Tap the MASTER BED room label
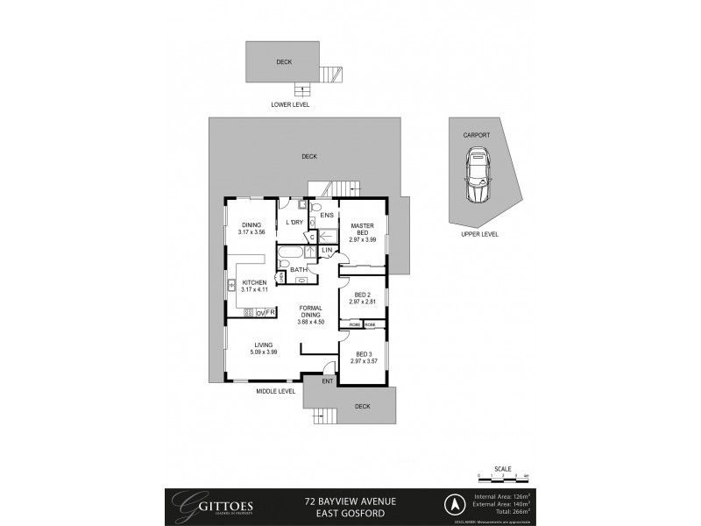point(362,229)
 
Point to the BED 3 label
point(362,354)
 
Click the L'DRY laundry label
point(294,222)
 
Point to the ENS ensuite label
point(326,215)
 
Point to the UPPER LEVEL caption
point(479,235)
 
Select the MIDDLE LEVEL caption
point(275,391)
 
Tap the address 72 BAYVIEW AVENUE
point(350,500)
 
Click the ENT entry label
point(327,381)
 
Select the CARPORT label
point(477,136)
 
